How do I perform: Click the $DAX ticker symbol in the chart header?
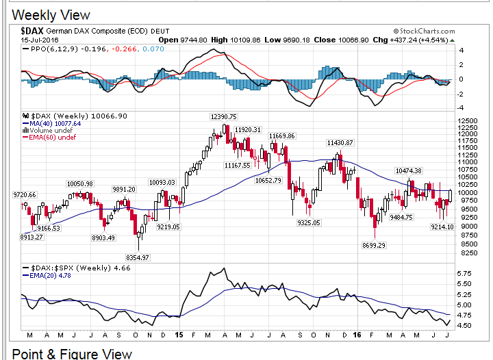pos(32,31)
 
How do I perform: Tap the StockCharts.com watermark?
pos(425,31)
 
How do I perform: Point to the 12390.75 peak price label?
pos(223,117)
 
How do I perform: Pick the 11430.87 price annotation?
pos(340,142)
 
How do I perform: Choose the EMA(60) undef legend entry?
pos(51,138)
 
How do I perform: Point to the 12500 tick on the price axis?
pos(469,119)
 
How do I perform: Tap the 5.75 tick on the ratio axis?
pos(464,272)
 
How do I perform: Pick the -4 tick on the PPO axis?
pos(462,107)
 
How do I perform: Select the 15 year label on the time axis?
pos(178,335)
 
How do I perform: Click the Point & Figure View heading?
pos(73,353)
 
